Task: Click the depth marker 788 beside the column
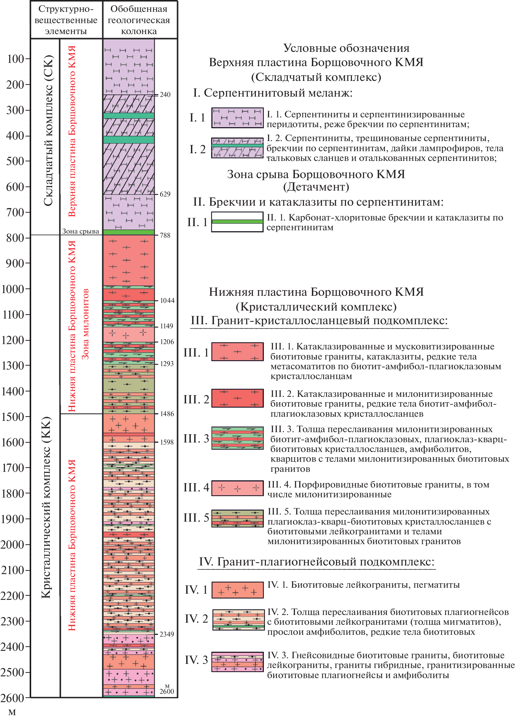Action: click(x=165, y=235)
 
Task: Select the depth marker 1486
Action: click(x=167, y=414)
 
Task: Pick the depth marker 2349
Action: click(x=167, y=634)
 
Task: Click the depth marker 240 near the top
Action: click(x=165, y=95)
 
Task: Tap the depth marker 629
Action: click(x=165, y=194)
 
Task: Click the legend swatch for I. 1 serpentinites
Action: click(x=237, y=118)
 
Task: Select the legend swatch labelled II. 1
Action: click(x=237, y=222)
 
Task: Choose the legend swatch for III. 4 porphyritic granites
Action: click(x=237, y=488)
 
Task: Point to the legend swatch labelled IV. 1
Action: click(x=237, y=590)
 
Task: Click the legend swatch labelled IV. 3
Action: click(x=237, y=662)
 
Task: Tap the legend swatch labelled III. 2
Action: click(x=237, y=398)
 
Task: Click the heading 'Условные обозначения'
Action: click(x=346, y=48)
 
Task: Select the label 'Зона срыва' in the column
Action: click(x=81, y=231)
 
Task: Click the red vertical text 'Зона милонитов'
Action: click(x=85, y=324)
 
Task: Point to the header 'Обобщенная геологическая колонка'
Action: click(x=139, y=20)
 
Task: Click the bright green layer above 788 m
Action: click(x=129, y=232)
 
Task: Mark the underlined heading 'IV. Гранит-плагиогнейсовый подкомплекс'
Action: click(x=316, y=562)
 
